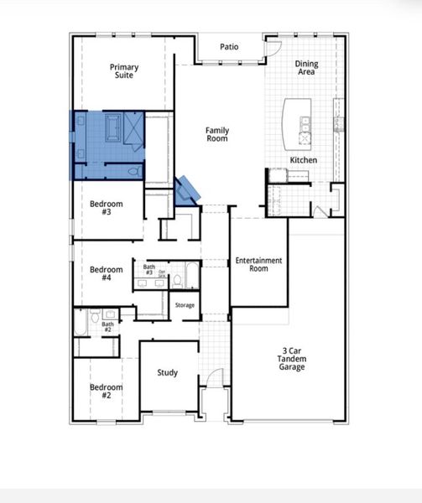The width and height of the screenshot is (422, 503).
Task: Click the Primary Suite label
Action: [x=124, y=72]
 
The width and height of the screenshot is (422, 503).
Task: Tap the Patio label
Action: [x=229, y=47]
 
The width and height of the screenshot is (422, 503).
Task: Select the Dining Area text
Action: [x=306, y=68]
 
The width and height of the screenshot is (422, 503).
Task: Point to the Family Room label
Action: [x=218, y=135]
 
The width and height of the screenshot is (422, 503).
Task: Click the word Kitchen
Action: [x=303, y=159]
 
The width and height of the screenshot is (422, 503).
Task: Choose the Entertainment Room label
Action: [x=258, y=265]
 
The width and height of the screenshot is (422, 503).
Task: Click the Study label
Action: [x=168, y=372]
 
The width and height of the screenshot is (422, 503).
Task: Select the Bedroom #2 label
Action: [x=107, y=392]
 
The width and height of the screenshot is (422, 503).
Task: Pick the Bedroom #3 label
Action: [x=107, y=208]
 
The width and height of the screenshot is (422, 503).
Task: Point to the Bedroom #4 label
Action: [x=107, y=274]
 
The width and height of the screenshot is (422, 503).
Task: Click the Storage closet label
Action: [x=185, y=305]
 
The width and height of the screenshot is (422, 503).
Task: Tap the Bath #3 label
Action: [x=148, y=270]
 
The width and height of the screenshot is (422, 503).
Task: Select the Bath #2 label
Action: [x=107, y=327]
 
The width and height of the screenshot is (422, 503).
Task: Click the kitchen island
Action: [x=300, y=121]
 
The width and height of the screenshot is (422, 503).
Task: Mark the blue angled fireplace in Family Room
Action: [x=186, y=189]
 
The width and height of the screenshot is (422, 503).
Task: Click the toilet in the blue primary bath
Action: [x=132, y=172]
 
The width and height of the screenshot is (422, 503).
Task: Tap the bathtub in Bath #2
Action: [x=80, y=323]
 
